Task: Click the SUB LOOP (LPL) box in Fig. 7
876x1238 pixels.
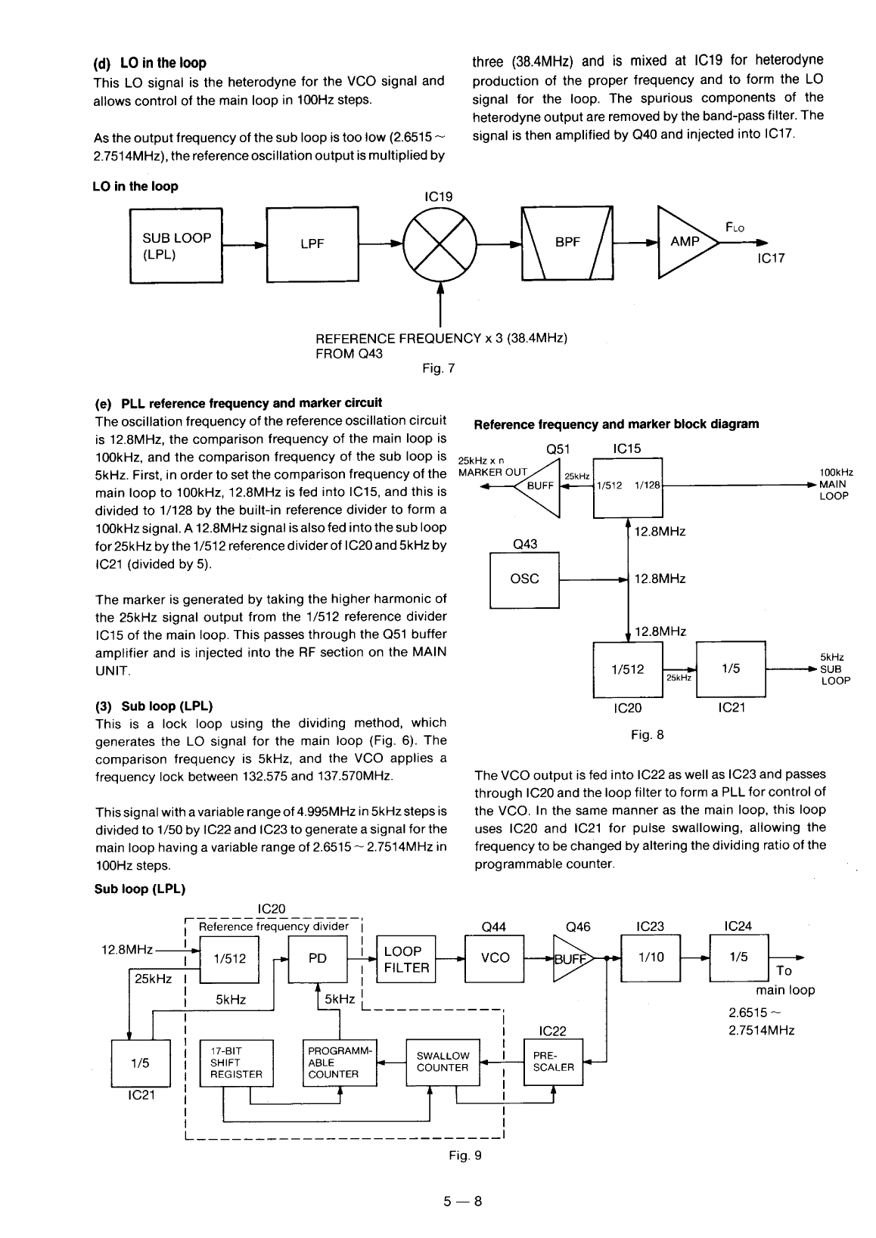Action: (x=176, y=245)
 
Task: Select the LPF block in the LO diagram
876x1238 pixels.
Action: (x=312, y=244)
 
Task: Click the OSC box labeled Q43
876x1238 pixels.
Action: (x=524, y=579)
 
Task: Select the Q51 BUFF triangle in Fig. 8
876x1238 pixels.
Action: (x=539, y=487)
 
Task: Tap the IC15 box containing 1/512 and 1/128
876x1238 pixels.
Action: (x=628, y=487)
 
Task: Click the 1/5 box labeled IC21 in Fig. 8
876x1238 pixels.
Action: (x=730, y=669)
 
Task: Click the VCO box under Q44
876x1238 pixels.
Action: (x=495, y=958)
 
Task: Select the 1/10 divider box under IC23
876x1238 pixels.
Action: (x=651, y=957)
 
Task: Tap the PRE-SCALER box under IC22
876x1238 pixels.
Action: (x=554, y=1062)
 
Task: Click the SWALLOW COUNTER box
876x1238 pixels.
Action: (x=443, y=1062)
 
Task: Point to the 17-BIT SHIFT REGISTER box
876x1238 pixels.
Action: (x=236, y=1063)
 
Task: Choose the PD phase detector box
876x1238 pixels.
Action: (x=318, y=959)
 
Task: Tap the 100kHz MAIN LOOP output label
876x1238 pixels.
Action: (x=834, y=484)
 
